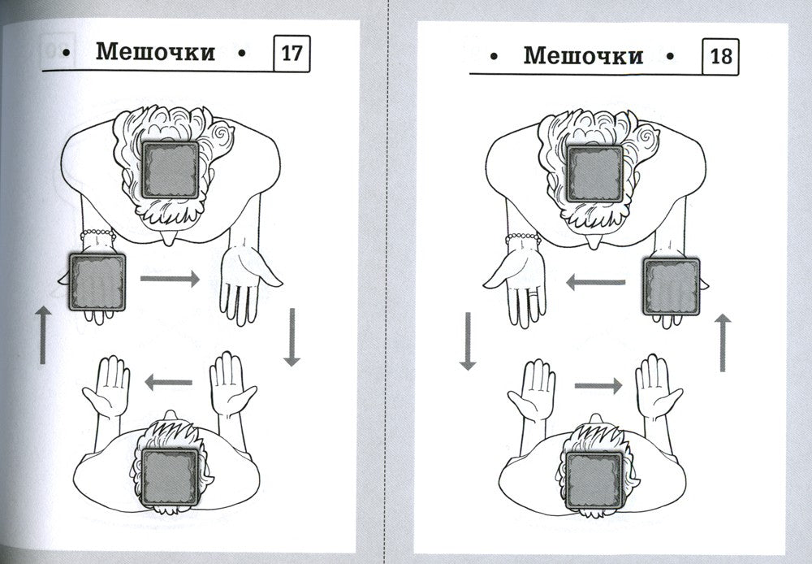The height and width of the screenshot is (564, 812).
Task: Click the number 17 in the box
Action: click(292, 54)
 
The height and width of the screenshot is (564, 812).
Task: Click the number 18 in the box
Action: click(721, 56)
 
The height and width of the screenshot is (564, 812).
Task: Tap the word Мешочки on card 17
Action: click(155, 52)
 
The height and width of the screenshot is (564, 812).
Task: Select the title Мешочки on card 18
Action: click(583, 55)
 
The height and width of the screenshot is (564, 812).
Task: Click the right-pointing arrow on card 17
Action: click(170, 279)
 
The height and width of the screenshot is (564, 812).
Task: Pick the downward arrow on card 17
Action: click(292, 337)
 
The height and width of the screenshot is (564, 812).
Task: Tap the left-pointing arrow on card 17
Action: click(168, 383)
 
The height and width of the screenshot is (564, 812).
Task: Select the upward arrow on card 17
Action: click(43, 335)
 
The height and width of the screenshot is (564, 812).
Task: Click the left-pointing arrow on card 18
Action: click(595, 283)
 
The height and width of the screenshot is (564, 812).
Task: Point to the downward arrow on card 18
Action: click(468, 341)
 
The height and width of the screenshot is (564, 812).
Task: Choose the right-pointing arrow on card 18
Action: click(598, 386)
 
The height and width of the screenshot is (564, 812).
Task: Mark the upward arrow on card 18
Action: click(723, 343)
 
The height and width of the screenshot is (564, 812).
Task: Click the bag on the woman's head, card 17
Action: click(171, 170)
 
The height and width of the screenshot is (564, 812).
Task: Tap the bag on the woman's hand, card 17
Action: click(97, 283)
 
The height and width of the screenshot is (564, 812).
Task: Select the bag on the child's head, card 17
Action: click(171, 477)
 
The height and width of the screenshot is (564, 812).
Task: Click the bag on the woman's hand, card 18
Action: click(672, 287)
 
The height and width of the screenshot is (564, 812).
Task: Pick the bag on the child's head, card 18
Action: click(594, 480)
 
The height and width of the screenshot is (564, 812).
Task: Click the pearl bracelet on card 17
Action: click(98, 234)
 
